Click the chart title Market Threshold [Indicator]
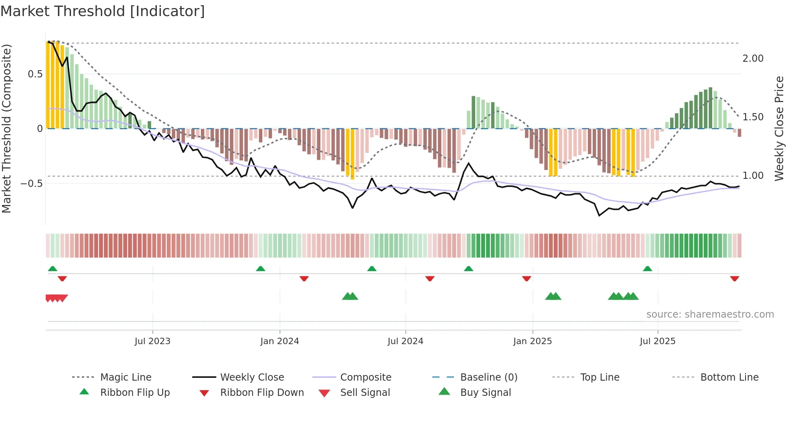pos(103,11)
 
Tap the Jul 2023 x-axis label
pos(152,341)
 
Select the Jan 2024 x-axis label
pos(280,341)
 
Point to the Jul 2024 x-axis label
pos(405,341)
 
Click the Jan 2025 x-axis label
pos(533,341)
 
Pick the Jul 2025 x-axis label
pos(658,341)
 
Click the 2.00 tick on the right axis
pos(753,59)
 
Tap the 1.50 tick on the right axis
pos(753,117)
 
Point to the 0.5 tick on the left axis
pos(35,74)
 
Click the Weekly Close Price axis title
pos(779,128)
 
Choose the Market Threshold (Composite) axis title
pos(7,128)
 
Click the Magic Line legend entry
pos(126,377)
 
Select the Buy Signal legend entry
pos(485,393)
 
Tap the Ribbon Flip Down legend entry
pos(262,393)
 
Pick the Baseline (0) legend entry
pos(488,377)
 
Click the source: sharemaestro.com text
pos(710,314)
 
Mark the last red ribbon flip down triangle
pos(735,278)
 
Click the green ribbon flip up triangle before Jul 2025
pos(647,269)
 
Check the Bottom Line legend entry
pos(729,377)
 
